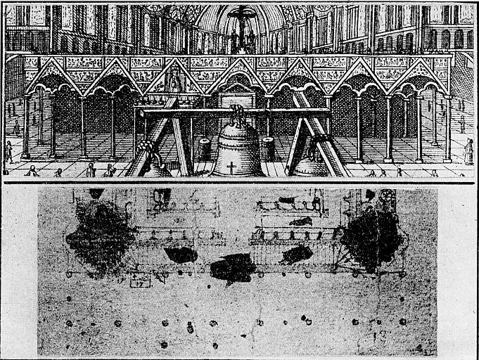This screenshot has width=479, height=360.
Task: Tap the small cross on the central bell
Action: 231,167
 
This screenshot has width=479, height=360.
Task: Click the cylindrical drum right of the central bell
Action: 268,148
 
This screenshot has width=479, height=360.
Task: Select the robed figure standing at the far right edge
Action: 468,151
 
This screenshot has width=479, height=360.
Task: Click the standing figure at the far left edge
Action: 8,152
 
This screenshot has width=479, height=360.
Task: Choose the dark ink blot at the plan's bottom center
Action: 233,267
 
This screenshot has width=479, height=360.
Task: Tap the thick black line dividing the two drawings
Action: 239,182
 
